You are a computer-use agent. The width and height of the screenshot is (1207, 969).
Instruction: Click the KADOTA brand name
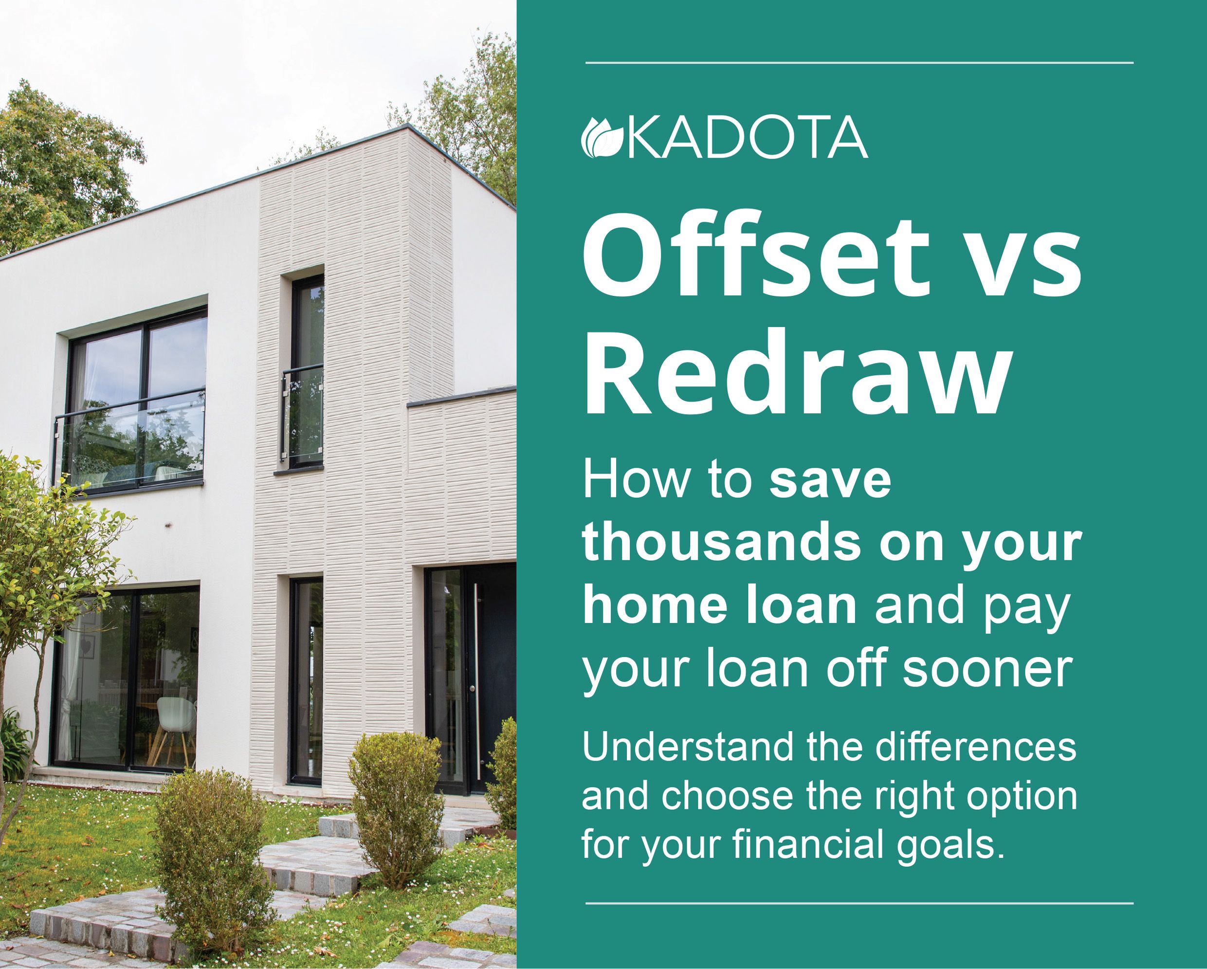click(x=749, y=138)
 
